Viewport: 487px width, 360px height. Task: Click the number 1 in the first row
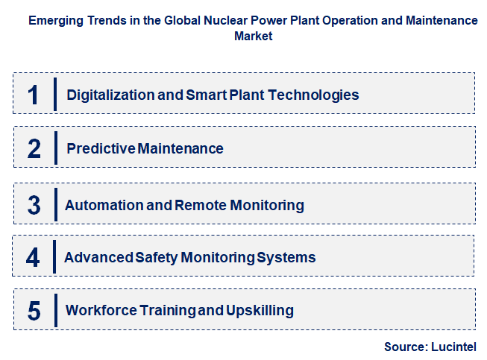(34, 95)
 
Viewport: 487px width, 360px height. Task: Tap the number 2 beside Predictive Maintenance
(34, 148)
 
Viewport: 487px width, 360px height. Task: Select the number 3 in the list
(34, 205)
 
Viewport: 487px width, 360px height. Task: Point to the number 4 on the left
(34, 258)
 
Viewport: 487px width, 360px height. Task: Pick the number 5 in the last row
(34, 311)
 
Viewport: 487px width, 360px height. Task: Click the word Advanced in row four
(99, 258)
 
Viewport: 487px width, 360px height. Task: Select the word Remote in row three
(197, 205)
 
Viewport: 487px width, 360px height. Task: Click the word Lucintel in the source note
(452, 347)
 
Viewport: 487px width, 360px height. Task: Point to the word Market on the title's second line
(252, 35)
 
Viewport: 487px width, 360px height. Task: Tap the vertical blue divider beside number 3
(55, 205)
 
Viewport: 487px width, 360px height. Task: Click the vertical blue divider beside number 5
(55, 310)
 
